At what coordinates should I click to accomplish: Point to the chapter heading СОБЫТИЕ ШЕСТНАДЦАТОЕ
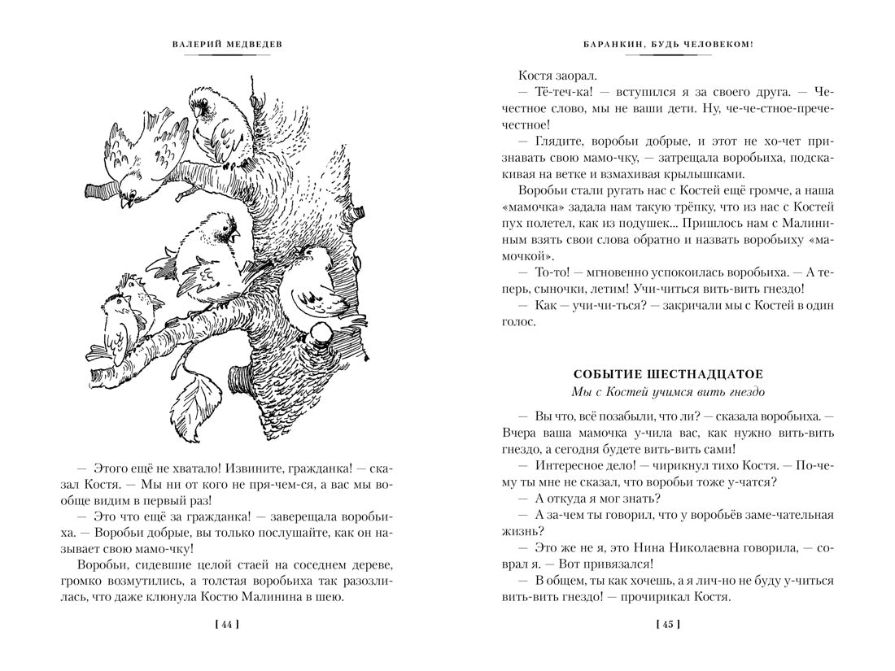(x=667, y=374)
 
